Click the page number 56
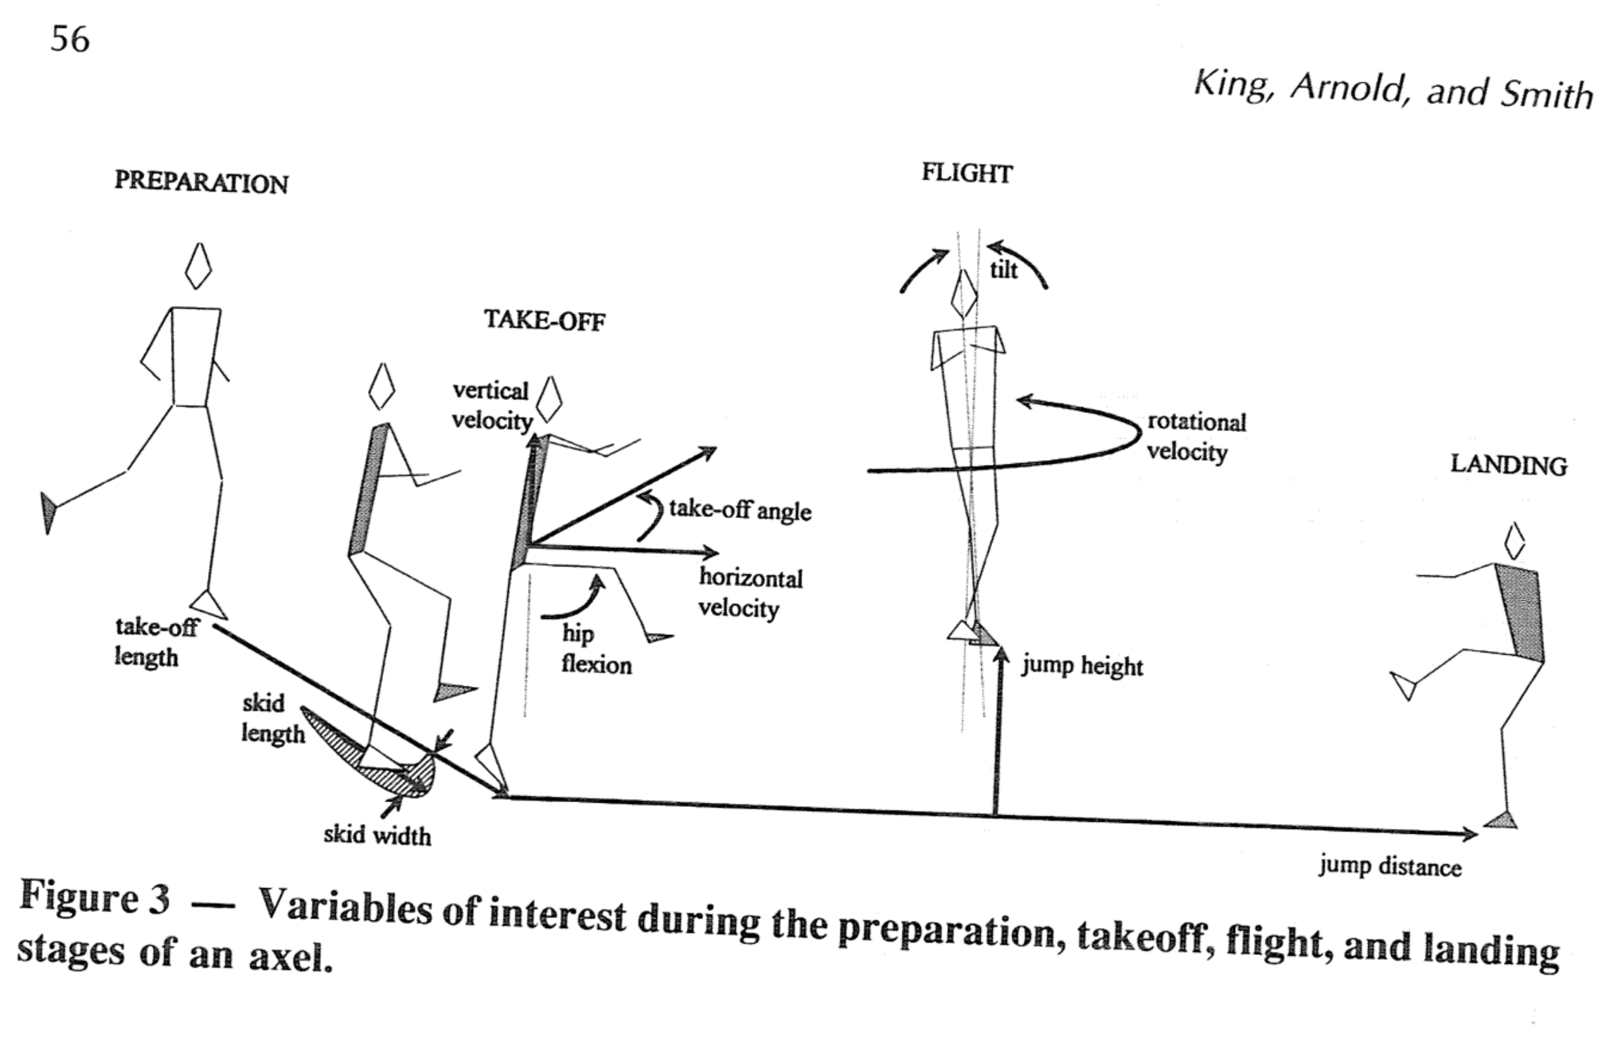tap(70, 39)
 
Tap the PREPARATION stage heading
tap(201, 182)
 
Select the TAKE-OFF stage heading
tap(545, 321)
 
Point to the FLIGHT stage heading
tap(967, 173)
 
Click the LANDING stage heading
tap(1508, 466)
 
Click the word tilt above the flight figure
tap(1003, 271)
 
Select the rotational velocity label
tap(1196, 437)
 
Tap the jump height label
tap(1082, 665)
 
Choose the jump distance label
tap(1389, 866)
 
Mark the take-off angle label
tap(740, 509)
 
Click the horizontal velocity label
tap(750, 593)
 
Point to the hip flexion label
tap(596, 649)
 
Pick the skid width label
tap(377, 835)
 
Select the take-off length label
tap(155, 642)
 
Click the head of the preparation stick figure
tap(198, 267)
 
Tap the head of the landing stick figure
tap(1514, 541)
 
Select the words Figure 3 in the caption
tap(95, 898)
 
